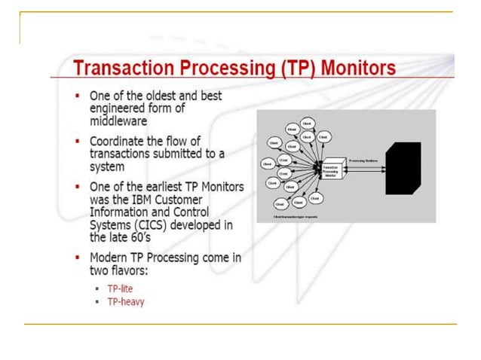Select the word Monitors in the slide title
pyautogui.click(x=358, y=69)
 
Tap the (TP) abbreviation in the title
pyautogui.click(x=293, y=69)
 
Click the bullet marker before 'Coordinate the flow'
pyautogui.click(x=78, y=142)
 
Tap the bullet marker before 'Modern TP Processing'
pyautogui.click(x=78, y=258)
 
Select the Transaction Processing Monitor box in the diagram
pyautogui.click(x=332, y=169)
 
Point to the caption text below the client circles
pyautogui.click(x=301, y=217)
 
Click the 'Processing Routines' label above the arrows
pyautogui.click(x=363, y=151)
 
